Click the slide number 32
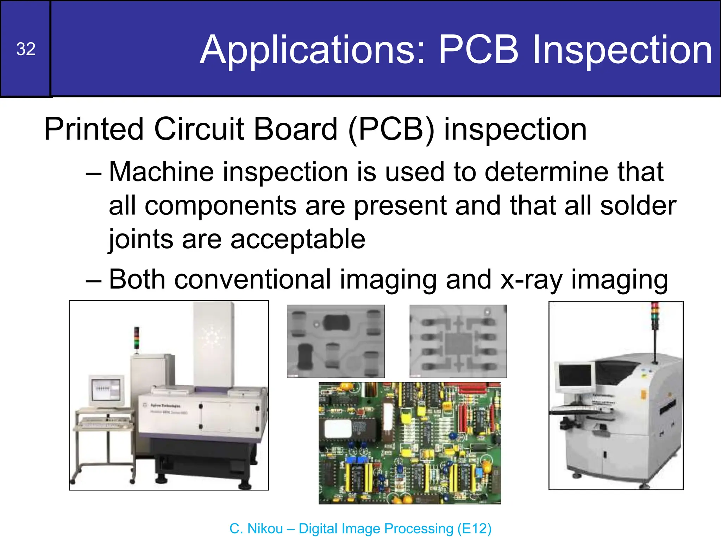(26, 49)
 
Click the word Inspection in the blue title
(622, 50)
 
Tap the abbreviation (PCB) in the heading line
(391, 129)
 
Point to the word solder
(638, 206)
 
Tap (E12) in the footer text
(474, 528)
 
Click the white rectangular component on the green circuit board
(338, 429)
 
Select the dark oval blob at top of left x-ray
(336, 323)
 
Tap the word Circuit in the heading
(199, 129)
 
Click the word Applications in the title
(313, 50)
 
